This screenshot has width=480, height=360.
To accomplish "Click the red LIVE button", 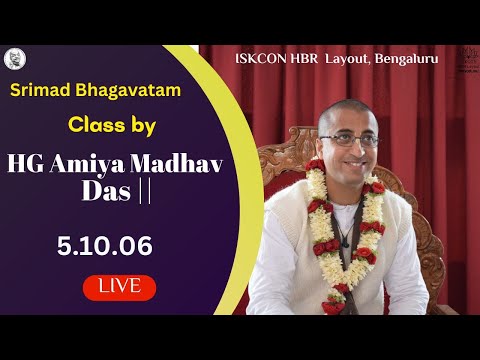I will [x=119, y=287].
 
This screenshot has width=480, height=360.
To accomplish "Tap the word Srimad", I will [x=44, y=92].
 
